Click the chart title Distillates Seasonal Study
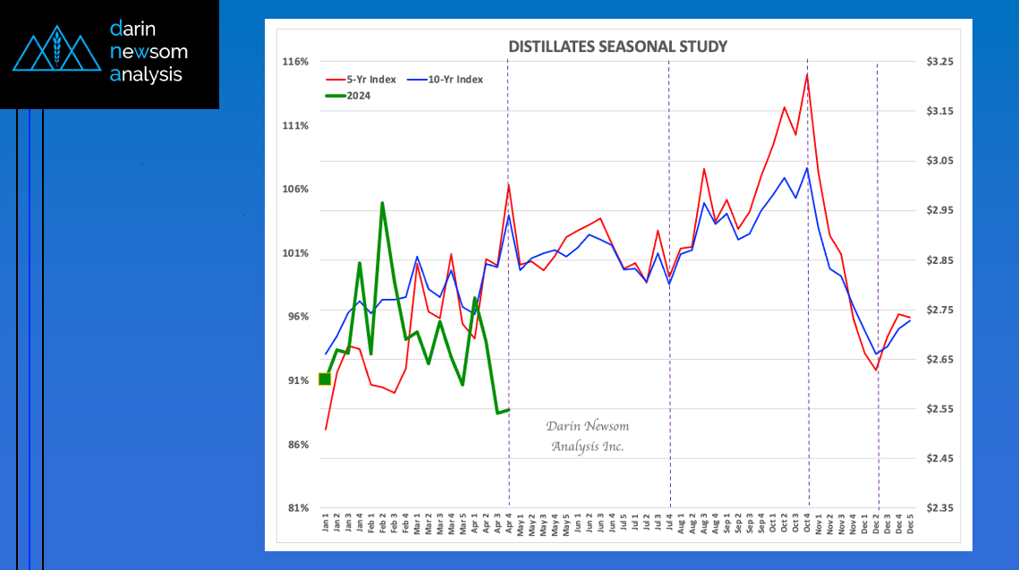[617, 47]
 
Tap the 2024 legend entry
[358, 96]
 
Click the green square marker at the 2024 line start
[325, 379]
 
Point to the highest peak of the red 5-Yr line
[807, 74]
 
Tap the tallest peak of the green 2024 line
[382, 203]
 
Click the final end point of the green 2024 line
[509, 410]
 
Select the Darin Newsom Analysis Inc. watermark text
[588, 436]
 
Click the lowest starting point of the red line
[326, 430]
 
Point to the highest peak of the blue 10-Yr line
[807, 168]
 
